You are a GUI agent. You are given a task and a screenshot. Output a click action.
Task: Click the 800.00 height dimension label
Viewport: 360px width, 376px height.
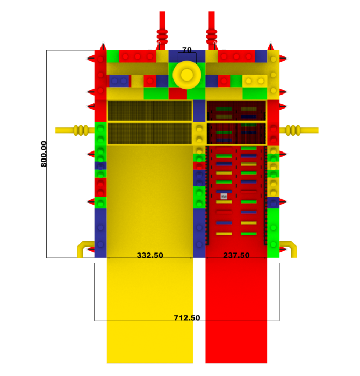click(x=44, y=154)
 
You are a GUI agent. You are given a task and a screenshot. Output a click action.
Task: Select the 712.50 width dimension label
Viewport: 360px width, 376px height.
click(x=187, y=318)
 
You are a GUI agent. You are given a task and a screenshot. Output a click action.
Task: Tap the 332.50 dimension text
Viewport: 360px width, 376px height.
click(x=150, y=255)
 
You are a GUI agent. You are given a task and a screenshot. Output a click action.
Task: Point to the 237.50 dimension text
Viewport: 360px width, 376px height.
click(x=236, y=255)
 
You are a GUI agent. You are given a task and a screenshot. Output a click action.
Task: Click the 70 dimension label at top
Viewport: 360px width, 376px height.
click(x=187, y=50)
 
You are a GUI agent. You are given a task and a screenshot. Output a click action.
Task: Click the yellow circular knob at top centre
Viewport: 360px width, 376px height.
click(x=187, y=75)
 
